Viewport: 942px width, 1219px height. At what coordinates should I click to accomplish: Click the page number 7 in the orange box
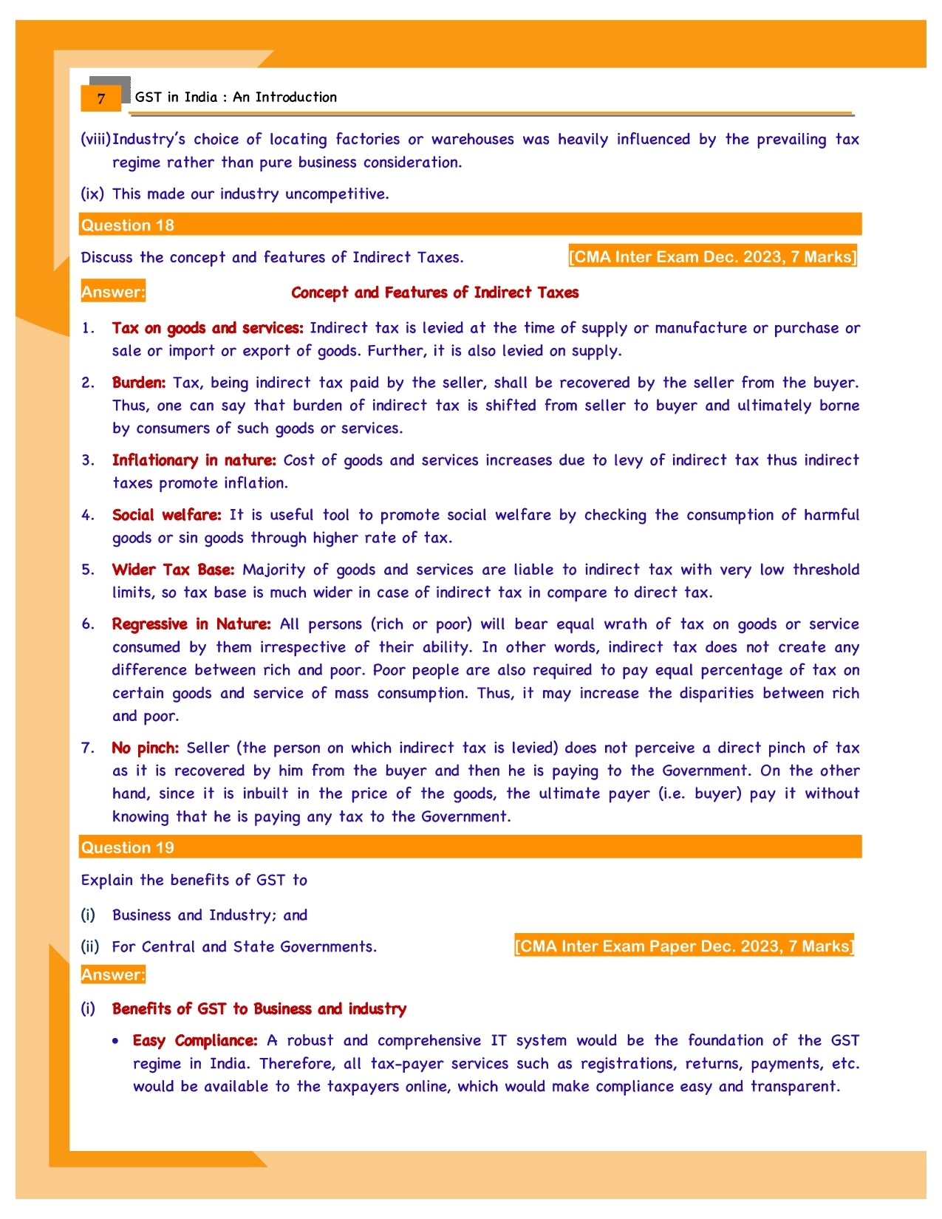[x=101, y=98]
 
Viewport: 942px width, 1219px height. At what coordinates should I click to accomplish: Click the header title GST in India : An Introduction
[x=236, y=97]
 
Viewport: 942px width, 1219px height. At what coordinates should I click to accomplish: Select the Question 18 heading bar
[x=470, y=225]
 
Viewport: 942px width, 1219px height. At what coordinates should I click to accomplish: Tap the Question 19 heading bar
[x=470, y=847]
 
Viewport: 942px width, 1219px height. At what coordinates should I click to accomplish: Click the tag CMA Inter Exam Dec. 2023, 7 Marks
[x=712, y=256]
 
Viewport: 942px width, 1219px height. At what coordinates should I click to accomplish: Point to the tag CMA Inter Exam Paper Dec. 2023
[x=683, y=946]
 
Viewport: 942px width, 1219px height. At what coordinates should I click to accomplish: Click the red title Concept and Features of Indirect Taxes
[x=434, y=293]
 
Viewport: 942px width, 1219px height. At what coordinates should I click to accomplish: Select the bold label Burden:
[x=139, y=383]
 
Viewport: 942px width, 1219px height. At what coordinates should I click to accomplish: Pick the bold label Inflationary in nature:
[x=194, y=460]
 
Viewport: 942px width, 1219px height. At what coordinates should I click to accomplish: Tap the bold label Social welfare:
[x=166, y=515]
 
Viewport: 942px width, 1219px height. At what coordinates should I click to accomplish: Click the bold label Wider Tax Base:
[x=173, y=570]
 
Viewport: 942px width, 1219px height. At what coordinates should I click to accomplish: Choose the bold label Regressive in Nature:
[x=191, y=624]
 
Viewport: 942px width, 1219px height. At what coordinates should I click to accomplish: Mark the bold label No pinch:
[x=145, y=748]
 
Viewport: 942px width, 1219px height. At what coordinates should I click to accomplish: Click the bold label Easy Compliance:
[x=195, y=1041]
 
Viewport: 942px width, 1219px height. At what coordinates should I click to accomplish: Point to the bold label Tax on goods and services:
[x=208, y=328]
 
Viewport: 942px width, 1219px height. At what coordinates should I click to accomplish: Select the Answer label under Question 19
[x=113, y=974]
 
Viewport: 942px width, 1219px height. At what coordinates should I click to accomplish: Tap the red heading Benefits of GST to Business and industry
[x=259, y=1009]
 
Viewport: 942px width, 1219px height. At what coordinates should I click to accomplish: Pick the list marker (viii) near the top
[x=95, y=140]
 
